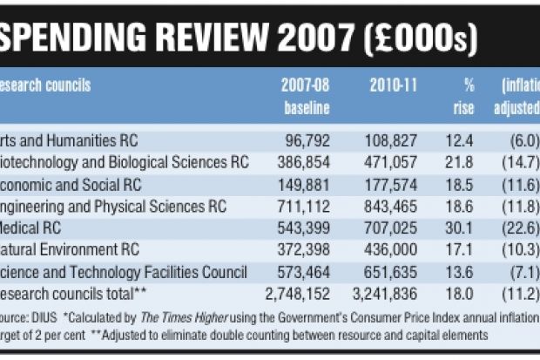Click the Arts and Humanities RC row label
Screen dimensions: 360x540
pos(69,139)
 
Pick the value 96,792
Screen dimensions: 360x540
pos(307,139)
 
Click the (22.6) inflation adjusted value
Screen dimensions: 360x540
pos(521,228)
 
